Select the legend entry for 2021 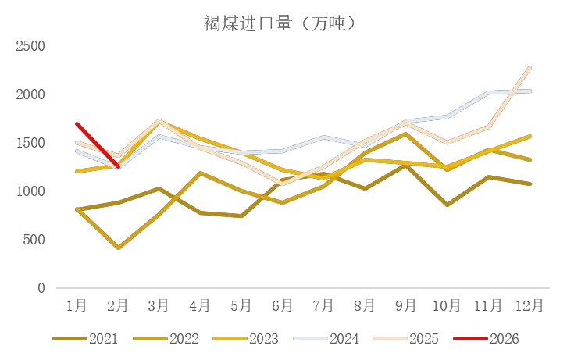86,339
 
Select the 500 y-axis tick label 35,240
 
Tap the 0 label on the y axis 41,288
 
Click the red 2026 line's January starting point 77,124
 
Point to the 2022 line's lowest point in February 118,248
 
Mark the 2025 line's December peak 531,67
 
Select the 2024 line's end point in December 531,91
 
